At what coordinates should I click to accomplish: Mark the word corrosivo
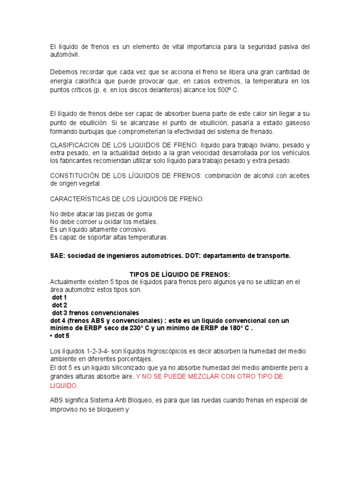pos(132,230)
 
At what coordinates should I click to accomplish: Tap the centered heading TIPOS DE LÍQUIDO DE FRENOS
pos(180,274)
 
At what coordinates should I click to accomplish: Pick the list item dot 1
pos(60,297)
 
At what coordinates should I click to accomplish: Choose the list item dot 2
pos(60,305)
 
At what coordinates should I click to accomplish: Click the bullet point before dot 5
pos(51,336)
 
